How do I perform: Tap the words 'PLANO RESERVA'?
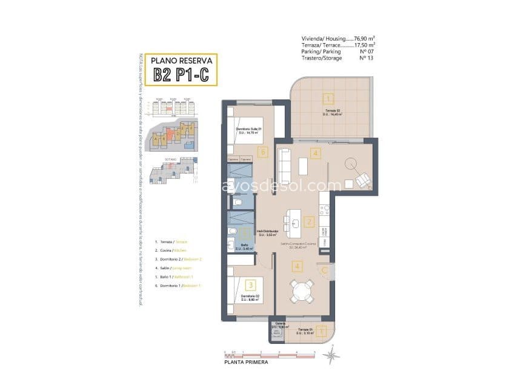coord(181,61)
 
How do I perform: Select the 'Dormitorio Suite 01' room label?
coord(249,129)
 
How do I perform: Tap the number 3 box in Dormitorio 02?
coord(250,283)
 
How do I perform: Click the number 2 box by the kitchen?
coord(310,222)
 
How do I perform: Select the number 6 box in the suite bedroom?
coord(262,152)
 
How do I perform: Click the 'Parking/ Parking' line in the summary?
coord(321,52)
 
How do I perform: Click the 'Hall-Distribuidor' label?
coord(267,231)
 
